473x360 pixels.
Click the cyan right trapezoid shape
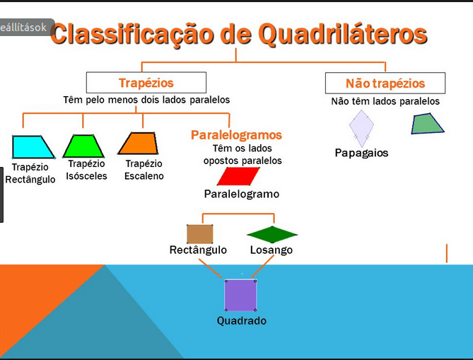tap(32, 147)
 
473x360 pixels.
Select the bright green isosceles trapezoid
tap(83, 146)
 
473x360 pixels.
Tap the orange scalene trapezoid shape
tap(139, 144)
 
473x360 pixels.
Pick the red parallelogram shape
tap(238, 176)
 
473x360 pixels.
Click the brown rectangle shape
tap(199, 234)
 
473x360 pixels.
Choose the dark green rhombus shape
tap(272, 235)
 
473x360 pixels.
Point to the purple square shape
tap(240, 296)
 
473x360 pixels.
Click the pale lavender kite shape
tap(361, 128)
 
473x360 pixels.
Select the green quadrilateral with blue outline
tap(427, 124)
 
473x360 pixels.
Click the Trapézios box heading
tap(146, 83)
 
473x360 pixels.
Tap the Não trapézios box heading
tap(385, 83)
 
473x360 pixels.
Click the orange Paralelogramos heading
tap(236, 135)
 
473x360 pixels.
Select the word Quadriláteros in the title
tap(343, 34)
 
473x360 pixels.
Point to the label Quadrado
tap(242, 320)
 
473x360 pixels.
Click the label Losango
tap(271, 250)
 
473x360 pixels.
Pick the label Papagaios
tap(361, 153)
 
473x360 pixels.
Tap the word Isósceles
tap(86, 176)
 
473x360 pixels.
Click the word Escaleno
tap(144, 176)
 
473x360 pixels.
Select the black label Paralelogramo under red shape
tap(242, 194)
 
